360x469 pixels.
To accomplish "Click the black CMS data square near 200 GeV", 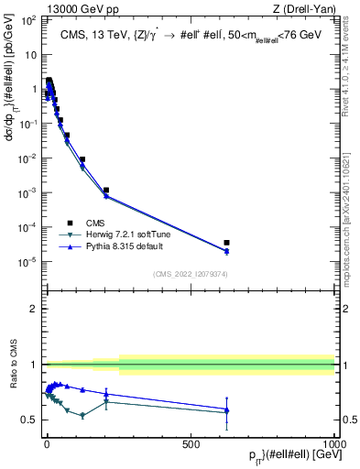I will (106, 191).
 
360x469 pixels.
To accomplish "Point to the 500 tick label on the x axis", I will (191, 443).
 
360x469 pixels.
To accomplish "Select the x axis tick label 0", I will (47, 443).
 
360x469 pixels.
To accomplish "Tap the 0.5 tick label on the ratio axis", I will (29, 420).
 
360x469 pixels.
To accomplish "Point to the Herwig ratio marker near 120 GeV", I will (82, 415).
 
